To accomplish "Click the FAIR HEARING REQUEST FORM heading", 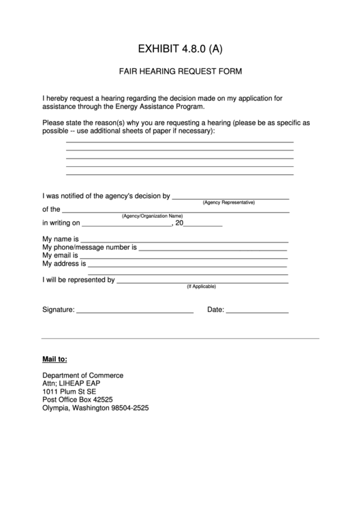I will tap(180, 71).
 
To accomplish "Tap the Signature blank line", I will tap(135, 312).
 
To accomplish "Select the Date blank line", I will tap(257, 312).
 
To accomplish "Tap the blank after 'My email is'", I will tap(185, 257).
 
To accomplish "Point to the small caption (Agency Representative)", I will tap(229, 202).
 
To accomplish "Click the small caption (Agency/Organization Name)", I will tap(153, 216).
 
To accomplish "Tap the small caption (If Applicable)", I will tap(202, 287).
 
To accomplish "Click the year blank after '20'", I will tap(203, 225).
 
